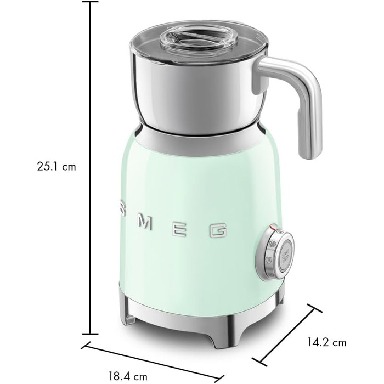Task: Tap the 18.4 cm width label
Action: click(x=128, y=376)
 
